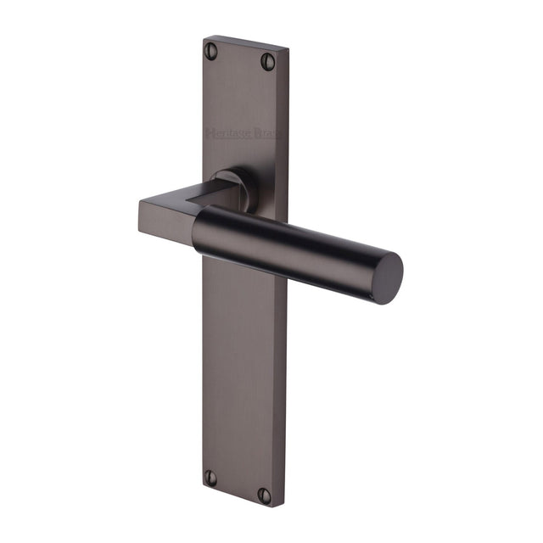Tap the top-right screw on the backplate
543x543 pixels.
point(267,60)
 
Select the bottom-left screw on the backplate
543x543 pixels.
point(210,478)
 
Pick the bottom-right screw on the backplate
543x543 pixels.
point(265,495)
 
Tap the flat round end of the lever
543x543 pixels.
point(387,277)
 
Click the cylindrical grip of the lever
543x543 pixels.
point(288,246)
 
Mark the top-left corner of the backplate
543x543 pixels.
point(204,36)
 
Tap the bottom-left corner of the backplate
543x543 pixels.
point(202,490)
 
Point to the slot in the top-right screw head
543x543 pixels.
point(267,60)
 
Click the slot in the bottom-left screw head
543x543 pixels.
point(210,478)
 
